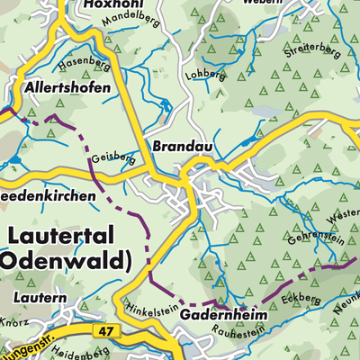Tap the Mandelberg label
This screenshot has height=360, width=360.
tap(125, 20)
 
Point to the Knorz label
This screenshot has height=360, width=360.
tap(13, 321)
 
